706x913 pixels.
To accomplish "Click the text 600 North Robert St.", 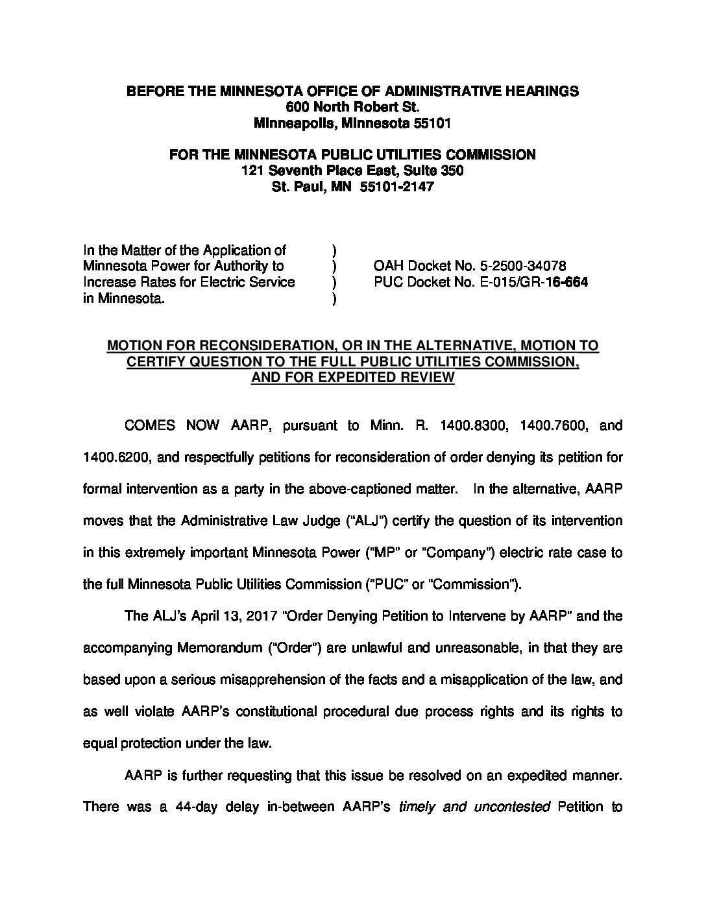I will click(352, 106).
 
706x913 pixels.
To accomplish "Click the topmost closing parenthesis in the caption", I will click(334, 250).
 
